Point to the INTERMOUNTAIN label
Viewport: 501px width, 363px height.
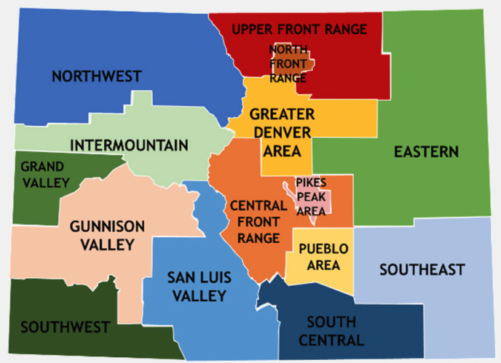pos(129,145)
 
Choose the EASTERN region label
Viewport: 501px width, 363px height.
pos(426,152)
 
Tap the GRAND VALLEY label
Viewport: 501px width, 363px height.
pos(44,174)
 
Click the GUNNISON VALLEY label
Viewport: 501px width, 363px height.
pos(107,235)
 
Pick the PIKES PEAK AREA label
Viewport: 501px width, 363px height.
pos(311,195)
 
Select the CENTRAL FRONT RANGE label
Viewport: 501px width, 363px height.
pos(254,222)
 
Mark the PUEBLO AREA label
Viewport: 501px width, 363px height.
pos(323,257)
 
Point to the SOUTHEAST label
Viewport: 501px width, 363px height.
pos(422,270)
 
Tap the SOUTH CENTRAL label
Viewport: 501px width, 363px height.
pos(331,331)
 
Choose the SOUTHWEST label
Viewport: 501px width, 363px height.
pos(65,327)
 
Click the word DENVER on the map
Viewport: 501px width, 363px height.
pos(282,131)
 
